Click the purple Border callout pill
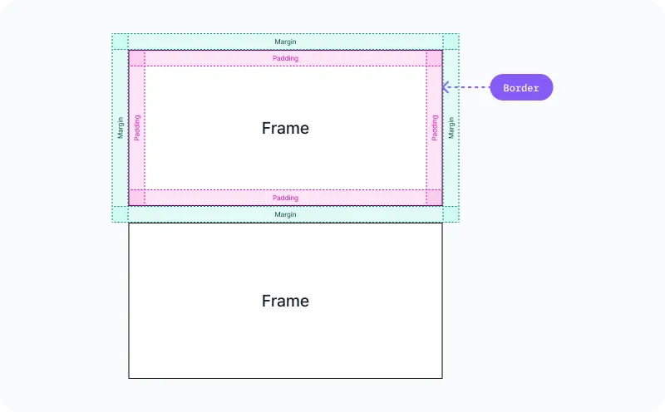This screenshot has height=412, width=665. point(521,87)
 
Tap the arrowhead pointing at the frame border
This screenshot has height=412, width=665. point(446,86)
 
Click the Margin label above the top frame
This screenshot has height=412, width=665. point(285,42)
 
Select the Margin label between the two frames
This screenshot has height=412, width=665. point(285,214)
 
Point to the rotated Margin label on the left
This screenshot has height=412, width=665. point(121,128)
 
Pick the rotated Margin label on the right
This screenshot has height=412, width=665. point(451,128)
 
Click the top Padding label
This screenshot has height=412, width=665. point(285,58)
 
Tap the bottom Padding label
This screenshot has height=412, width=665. point(285,198)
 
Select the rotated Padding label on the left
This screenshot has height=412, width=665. point(137,128)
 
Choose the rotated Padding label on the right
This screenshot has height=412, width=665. point(434,128)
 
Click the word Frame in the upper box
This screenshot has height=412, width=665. point(285,128)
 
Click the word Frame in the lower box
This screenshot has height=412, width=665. point(285,301)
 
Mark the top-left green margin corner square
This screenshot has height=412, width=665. point(121,42)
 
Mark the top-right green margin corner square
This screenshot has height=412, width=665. point(451,42)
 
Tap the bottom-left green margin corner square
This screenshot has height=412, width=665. point(121,214)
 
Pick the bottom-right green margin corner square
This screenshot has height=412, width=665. point(451,214)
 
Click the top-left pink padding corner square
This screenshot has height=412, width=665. point(137,58)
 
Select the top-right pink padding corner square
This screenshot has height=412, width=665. point(434,58)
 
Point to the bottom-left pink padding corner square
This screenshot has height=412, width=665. point(137,197)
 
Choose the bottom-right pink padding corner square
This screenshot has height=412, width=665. point(434,197)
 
